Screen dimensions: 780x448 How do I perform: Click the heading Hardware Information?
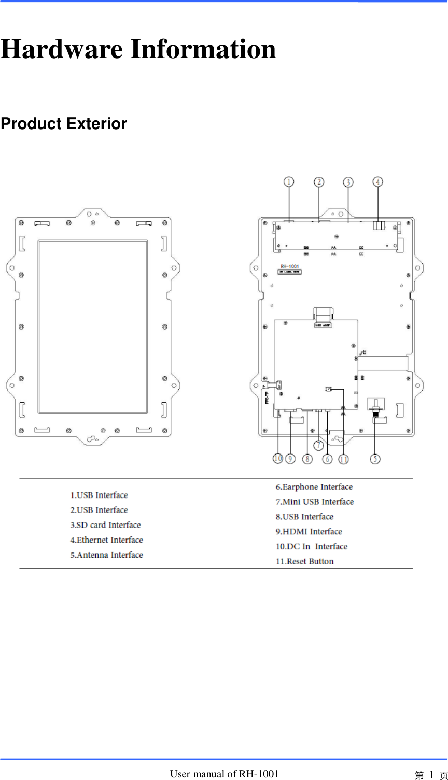[138, 49]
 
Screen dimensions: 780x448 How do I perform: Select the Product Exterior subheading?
[64, 124]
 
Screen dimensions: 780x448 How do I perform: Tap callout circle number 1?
[289, 182]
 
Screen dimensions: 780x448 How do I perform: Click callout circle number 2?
[319, 182]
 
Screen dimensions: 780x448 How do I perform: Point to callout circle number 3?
[348, 182]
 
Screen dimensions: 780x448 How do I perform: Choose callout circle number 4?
[378, 182]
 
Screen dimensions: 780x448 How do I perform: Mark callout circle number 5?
[375, 459]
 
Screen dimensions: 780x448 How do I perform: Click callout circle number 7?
[318, 445]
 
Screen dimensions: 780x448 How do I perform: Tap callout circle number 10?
[278, 459]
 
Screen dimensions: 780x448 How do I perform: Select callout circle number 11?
[343, 459]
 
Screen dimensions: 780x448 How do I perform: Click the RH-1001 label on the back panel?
[290, 267]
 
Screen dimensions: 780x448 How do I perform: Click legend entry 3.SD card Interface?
[105, 525]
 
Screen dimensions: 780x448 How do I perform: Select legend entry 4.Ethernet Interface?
[106, 540]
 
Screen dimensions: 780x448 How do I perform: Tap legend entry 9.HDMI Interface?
[309, 532]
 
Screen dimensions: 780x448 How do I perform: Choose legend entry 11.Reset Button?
[304, 561]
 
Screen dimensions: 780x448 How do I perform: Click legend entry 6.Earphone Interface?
[314, 487]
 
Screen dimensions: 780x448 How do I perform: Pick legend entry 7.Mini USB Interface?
[314, 502]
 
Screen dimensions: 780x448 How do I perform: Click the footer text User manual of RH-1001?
[224, 774]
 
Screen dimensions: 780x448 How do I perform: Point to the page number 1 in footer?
[431, 775]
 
